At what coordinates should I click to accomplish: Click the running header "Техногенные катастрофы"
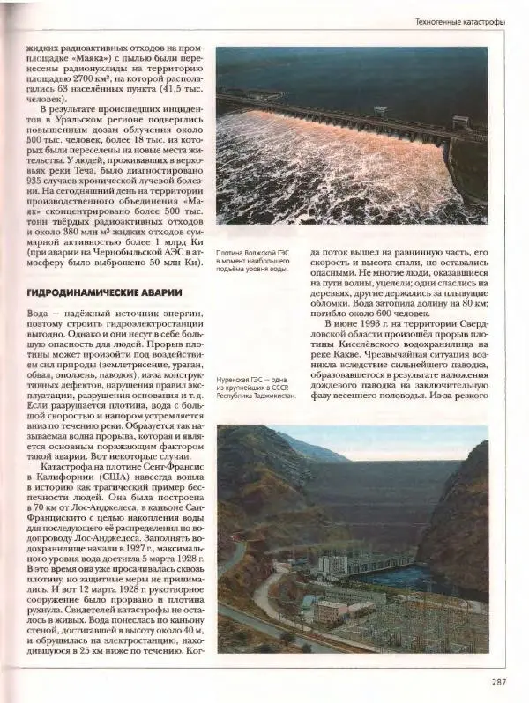coord(459,20)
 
